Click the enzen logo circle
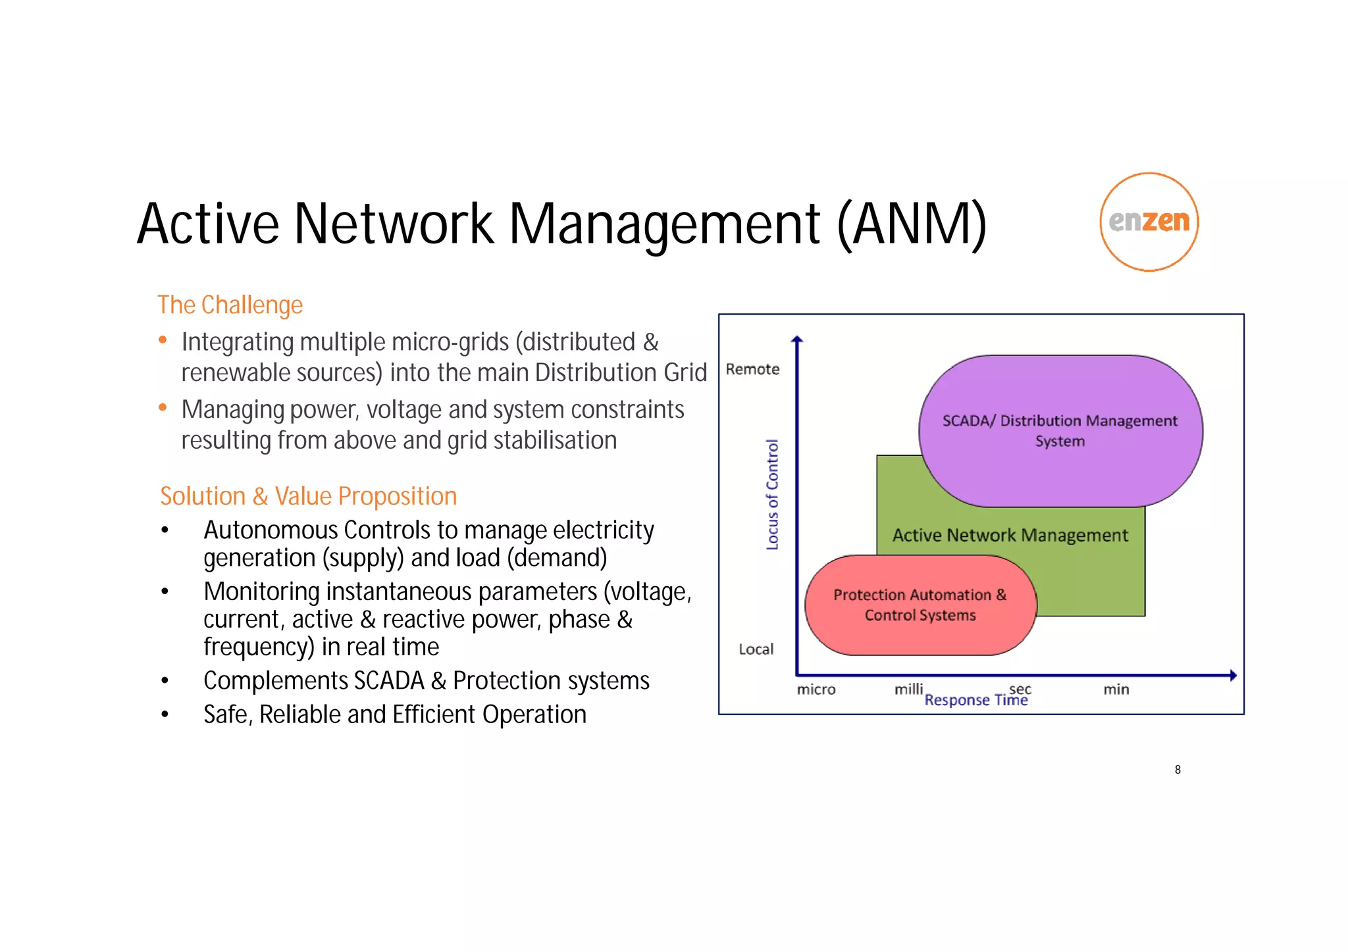tap(1149, 222)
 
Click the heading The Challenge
tap(230, 305)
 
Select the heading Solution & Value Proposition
tap(308, 496)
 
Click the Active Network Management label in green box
tap(1010, 535)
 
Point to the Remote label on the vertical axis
tap(752, 369)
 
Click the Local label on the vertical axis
tap(756, 649)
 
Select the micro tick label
tap(816, 689)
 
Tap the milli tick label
tap(908, 689)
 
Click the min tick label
tap(1116, 689)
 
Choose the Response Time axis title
tap(975, 700)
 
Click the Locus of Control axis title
tap(772, 494)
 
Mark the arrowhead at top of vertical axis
tap(797, 340)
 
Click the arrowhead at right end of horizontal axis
tap(1232, 675)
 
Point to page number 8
tap(1178, 769)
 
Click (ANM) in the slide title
tap(912, 224)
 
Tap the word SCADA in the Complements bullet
tap(388, 681)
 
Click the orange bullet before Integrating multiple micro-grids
tap(163, 340)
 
